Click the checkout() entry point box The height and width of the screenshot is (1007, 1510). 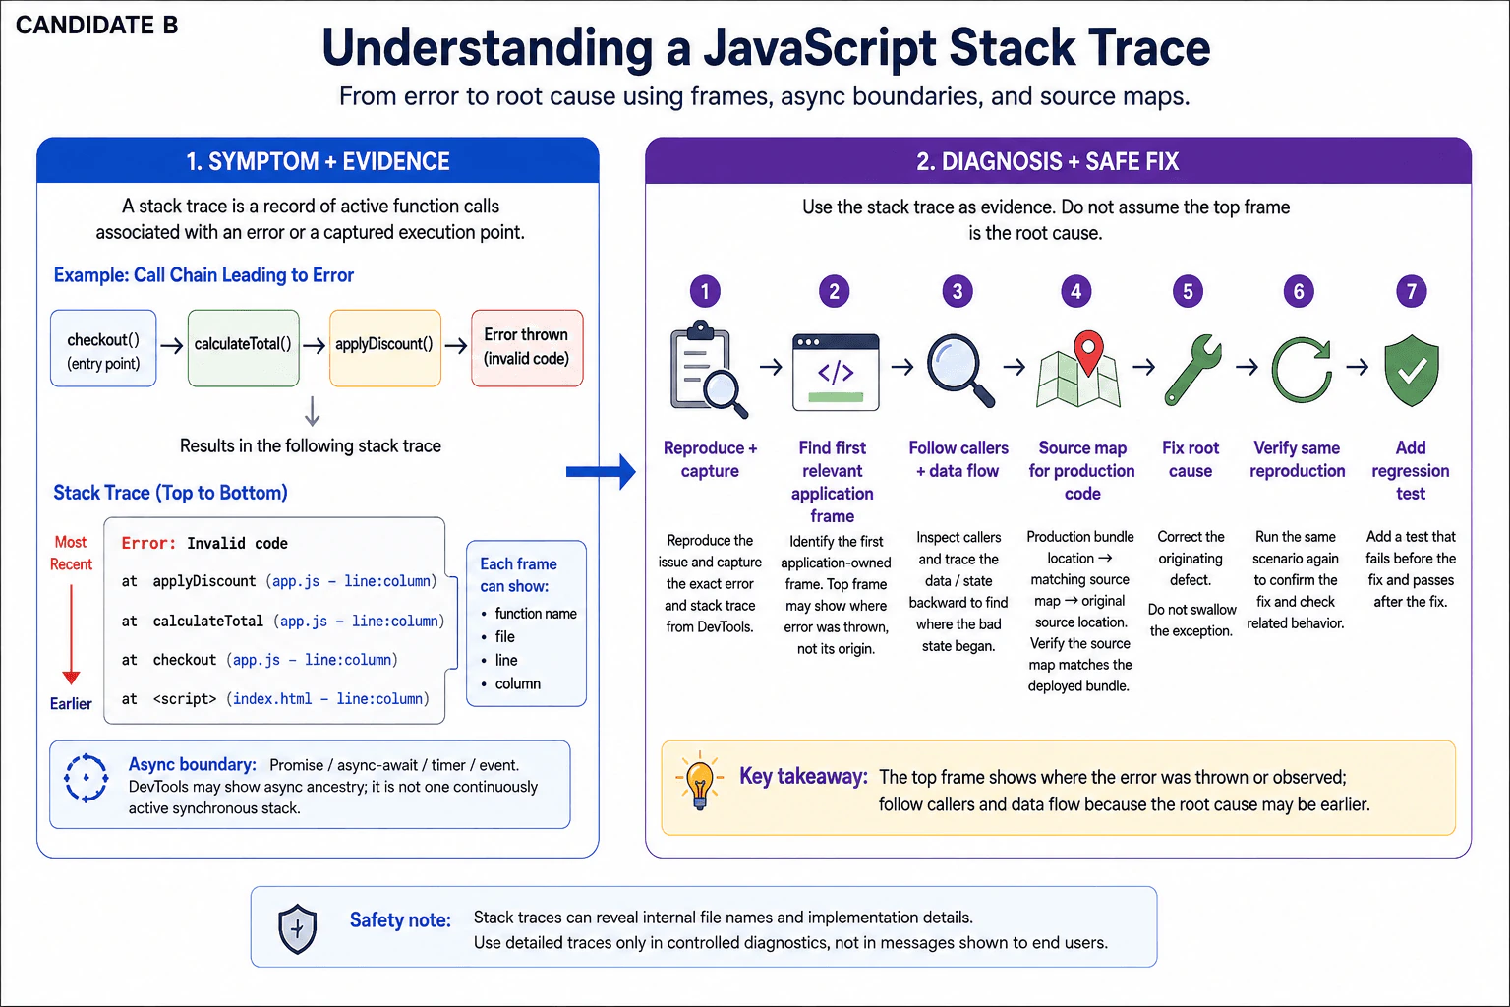pos(103,348)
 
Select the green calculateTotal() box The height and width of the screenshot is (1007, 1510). pos(244,348)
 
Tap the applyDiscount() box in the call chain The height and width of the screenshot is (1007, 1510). pos(385,348)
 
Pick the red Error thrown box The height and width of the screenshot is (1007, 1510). pos(527,348)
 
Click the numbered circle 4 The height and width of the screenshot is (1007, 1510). pos(1075,291)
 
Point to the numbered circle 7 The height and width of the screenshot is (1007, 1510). pos(1411,291)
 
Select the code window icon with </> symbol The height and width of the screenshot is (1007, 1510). pos(836,373)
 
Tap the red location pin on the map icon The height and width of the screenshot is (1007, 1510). pos(1088,351)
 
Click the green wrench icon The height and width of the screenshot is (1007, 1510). pos(1191,370)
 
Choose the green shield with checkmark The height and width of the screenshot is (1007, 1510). pos(1412,371)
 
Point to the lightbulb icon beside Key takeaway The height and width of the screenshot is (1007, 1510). pos(699,781)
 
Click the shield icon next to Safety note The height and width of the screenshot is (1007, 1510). pos(297,928)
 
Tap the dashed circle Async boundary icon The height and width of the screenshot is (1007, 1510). pos(86,778)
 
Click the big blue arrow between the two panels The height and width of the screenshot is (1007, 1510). pos(601,471)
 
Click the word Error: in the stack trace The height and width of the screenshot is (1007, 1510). pos(149,543)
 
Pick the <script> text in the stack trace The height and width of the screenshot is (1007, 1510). pos(185,699)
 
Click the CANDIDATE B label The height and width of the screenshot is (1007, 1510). pos(96,25)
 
